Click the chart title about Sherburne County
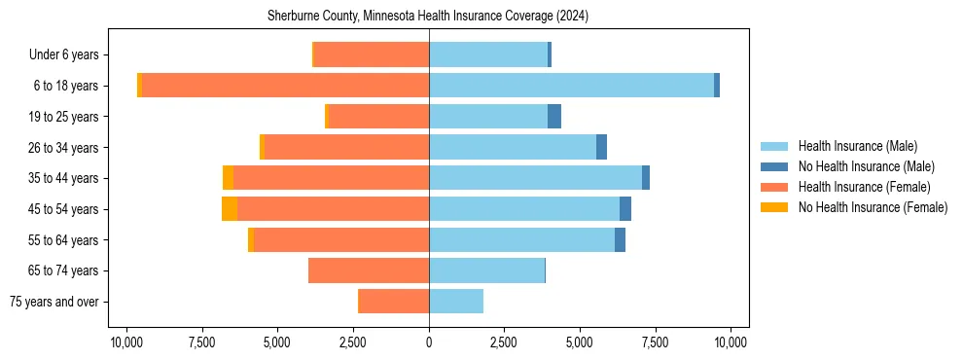[x=428, y=17]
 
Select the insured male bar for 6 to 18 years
[x=571, y=86]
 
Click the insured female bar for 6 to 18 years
[x=285, y=86]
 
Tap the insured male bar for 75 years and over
[x=456, y=302]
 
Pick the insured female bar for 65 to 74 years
[x=369, y=270]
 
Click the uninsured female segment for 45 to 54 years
[x=230, y=209]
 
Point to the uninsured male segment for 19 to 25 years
[x=554, y=117]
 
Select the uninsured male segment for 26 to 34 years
[x=601, y=147]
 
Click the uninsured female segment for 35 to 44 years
[x=228, y=178]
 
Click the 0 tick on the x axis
[x=429, y=342]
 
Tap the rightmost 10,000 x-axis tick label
[x=731, y=342]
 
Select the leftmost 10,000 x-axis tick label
[x=126, y=342]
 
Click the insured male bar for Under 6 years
[x=488, y=55]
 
